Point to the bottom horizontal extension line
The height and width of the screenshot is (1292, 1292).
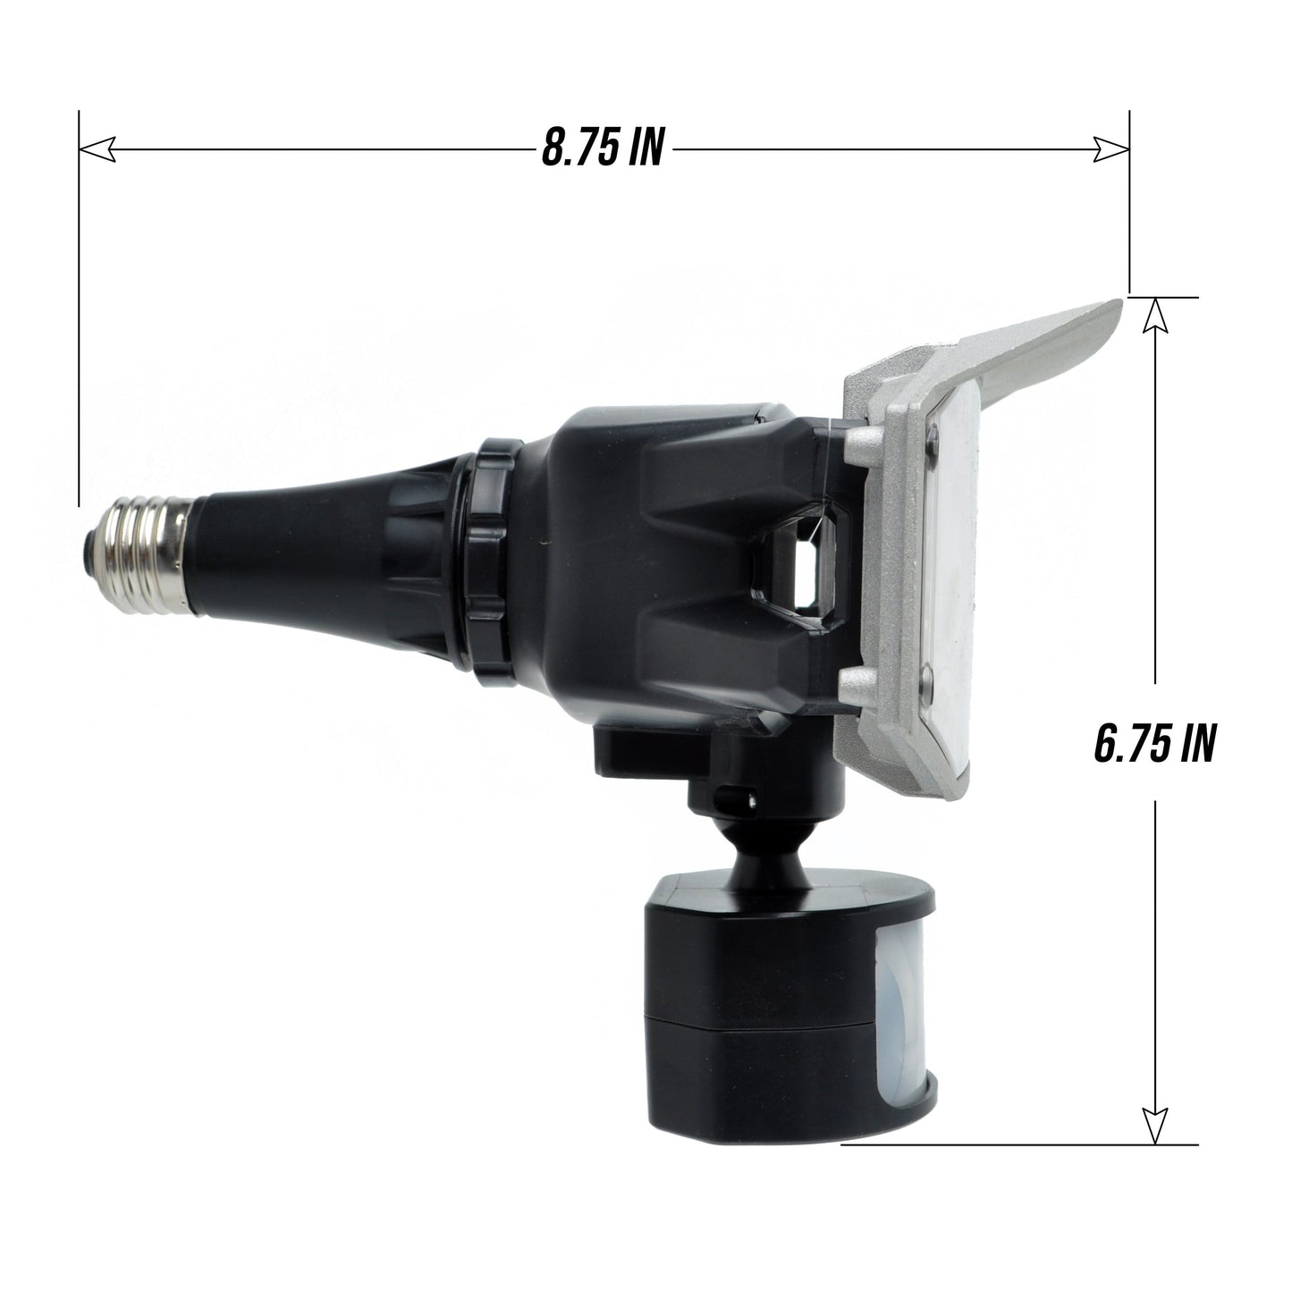click(1019, 1144)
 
